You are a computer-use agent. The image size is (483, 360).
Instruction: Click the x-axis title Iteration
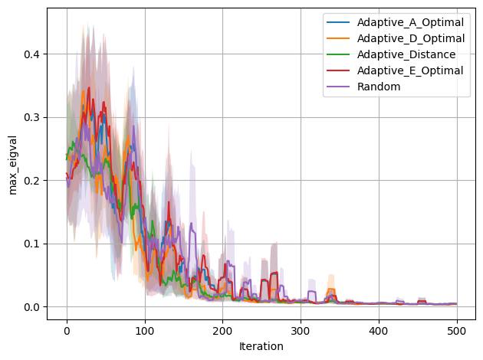coord(261,346)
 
